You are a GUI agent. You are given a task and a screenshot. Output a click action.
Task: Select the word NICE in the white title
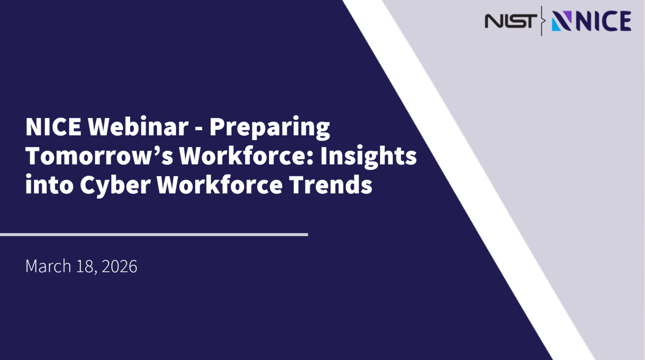(53, 127)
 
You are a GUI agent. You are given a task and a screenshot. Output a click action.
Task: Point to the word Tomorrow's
(98, 156)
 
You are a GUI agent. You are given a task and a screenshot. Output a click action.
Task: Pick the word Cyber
(114, 186)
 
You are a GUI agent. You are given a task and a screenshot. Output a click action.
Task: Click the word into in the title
(48, 185)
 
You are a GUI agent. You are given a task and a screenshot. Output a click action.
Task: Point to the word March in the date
(48, 266)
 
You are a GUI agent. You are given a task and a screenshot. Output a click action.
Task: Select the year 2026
(119, 266)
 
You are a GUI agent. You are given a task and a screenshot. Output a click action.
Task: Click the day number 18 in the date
(85, 266)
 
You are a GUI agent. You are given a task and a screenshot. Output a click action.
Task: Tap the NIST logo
(510, 21)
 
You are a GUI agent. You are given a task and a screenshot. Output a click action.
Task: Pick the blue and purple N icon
(561, 21)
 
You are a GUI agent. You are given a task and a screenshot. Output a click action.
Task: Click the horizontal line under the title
(154, 234)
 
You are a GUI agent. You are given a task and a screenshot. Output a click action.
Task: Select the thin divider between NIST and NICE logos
(542, 21)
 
